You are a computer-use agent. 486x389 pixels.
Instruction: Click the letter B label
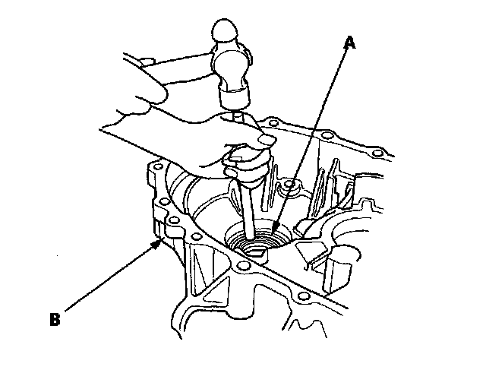[54, 320]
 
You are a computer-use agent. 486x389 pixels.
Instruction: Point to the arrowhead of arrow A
[275, 230]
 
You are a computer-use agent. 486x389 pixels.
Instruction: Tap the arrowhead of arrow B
[162, 242]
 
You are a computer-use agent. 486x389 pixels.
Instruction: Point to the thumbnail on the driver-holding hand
[265, 139]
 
